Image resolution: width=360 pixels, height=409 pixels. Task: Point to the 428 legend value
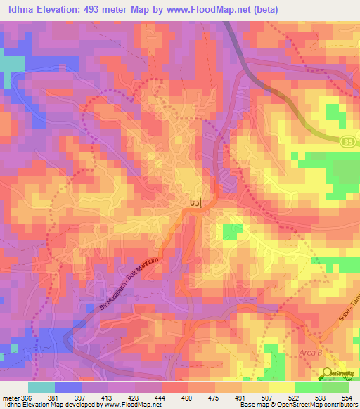(x=122, y=396)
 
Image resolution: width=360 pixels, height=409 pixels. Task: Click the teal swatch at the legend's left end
(x=41, y=387)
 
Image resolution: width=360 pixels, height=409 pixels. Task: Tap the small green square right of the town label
(x=229, y=232)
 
